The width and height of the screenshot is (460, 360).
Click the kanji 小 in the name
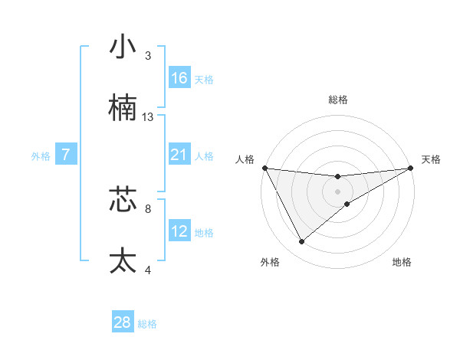pyautogui.click(x=123, y=47)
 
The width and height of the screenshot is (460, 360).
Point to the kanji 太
pyautogui.click(x=123, y=260)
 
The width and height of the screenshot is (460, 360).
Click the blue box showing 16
pyautogui.click(x=179, y=78)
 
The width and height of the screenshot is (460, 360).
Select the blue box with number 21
pyautogui.click(x=179, y=155)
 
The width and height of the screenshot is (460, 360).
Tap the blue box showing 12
pyautogui.click(x=179, y=231)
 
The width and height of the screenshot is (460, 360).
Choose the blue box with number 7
pyautogui.click(x=66, y=155)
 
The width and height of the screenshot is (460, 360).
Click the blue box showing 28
pyautogui.click(x=123, y=322)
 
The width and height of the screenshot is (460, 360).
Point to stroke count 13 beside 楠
pyautogui.click(x=148, y=117)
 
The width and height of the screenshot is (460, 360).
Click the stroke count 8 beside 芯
pyautogui.click(x=148, y=208)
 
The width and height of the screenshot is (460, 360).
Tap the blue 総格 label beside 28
pyautogui.click(x=147, y=324)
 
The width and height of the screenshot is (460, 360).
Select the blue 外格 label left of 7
pyautogui.click(x=41, y=155)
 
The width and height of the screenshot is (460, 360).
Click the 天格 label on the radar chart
pyautogui.click(x=432, y=159)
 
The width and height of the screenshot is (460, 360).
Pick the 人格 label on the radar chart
pyautogui.click(x=245, y=159)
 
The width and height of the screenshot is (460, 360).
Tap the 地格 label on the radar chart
pyautogui.click(x=402, y=262)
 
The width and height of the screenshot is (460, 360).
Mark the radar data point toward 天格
pyautogui.click(x=411, y=168)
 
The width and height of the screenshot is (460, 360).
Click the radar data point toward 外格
pyautogui.click(x=301, y=242)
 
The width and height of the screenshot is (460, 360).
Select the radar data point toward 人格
pyautogui.click(x=264, y=168)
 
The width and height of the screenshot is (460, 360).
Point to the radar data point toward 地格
pyautogui.click(x=347, y=204)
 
